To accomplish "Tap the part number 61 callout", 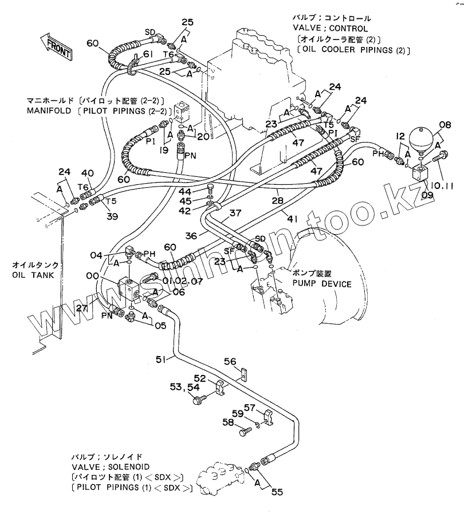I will [148, 54].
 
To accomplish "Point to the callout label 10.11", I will [440, 185].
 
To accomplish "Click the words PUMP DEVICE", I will [322, 283].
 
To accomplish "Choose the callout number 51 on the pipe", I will [162, 359].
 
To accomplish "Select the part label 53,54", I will [184, 389].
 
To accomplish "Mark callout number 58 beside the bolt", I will [228, 422].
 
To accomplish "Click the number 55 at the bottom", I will [278, 491].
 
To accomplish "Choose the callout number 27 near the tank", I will [82, 309].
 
